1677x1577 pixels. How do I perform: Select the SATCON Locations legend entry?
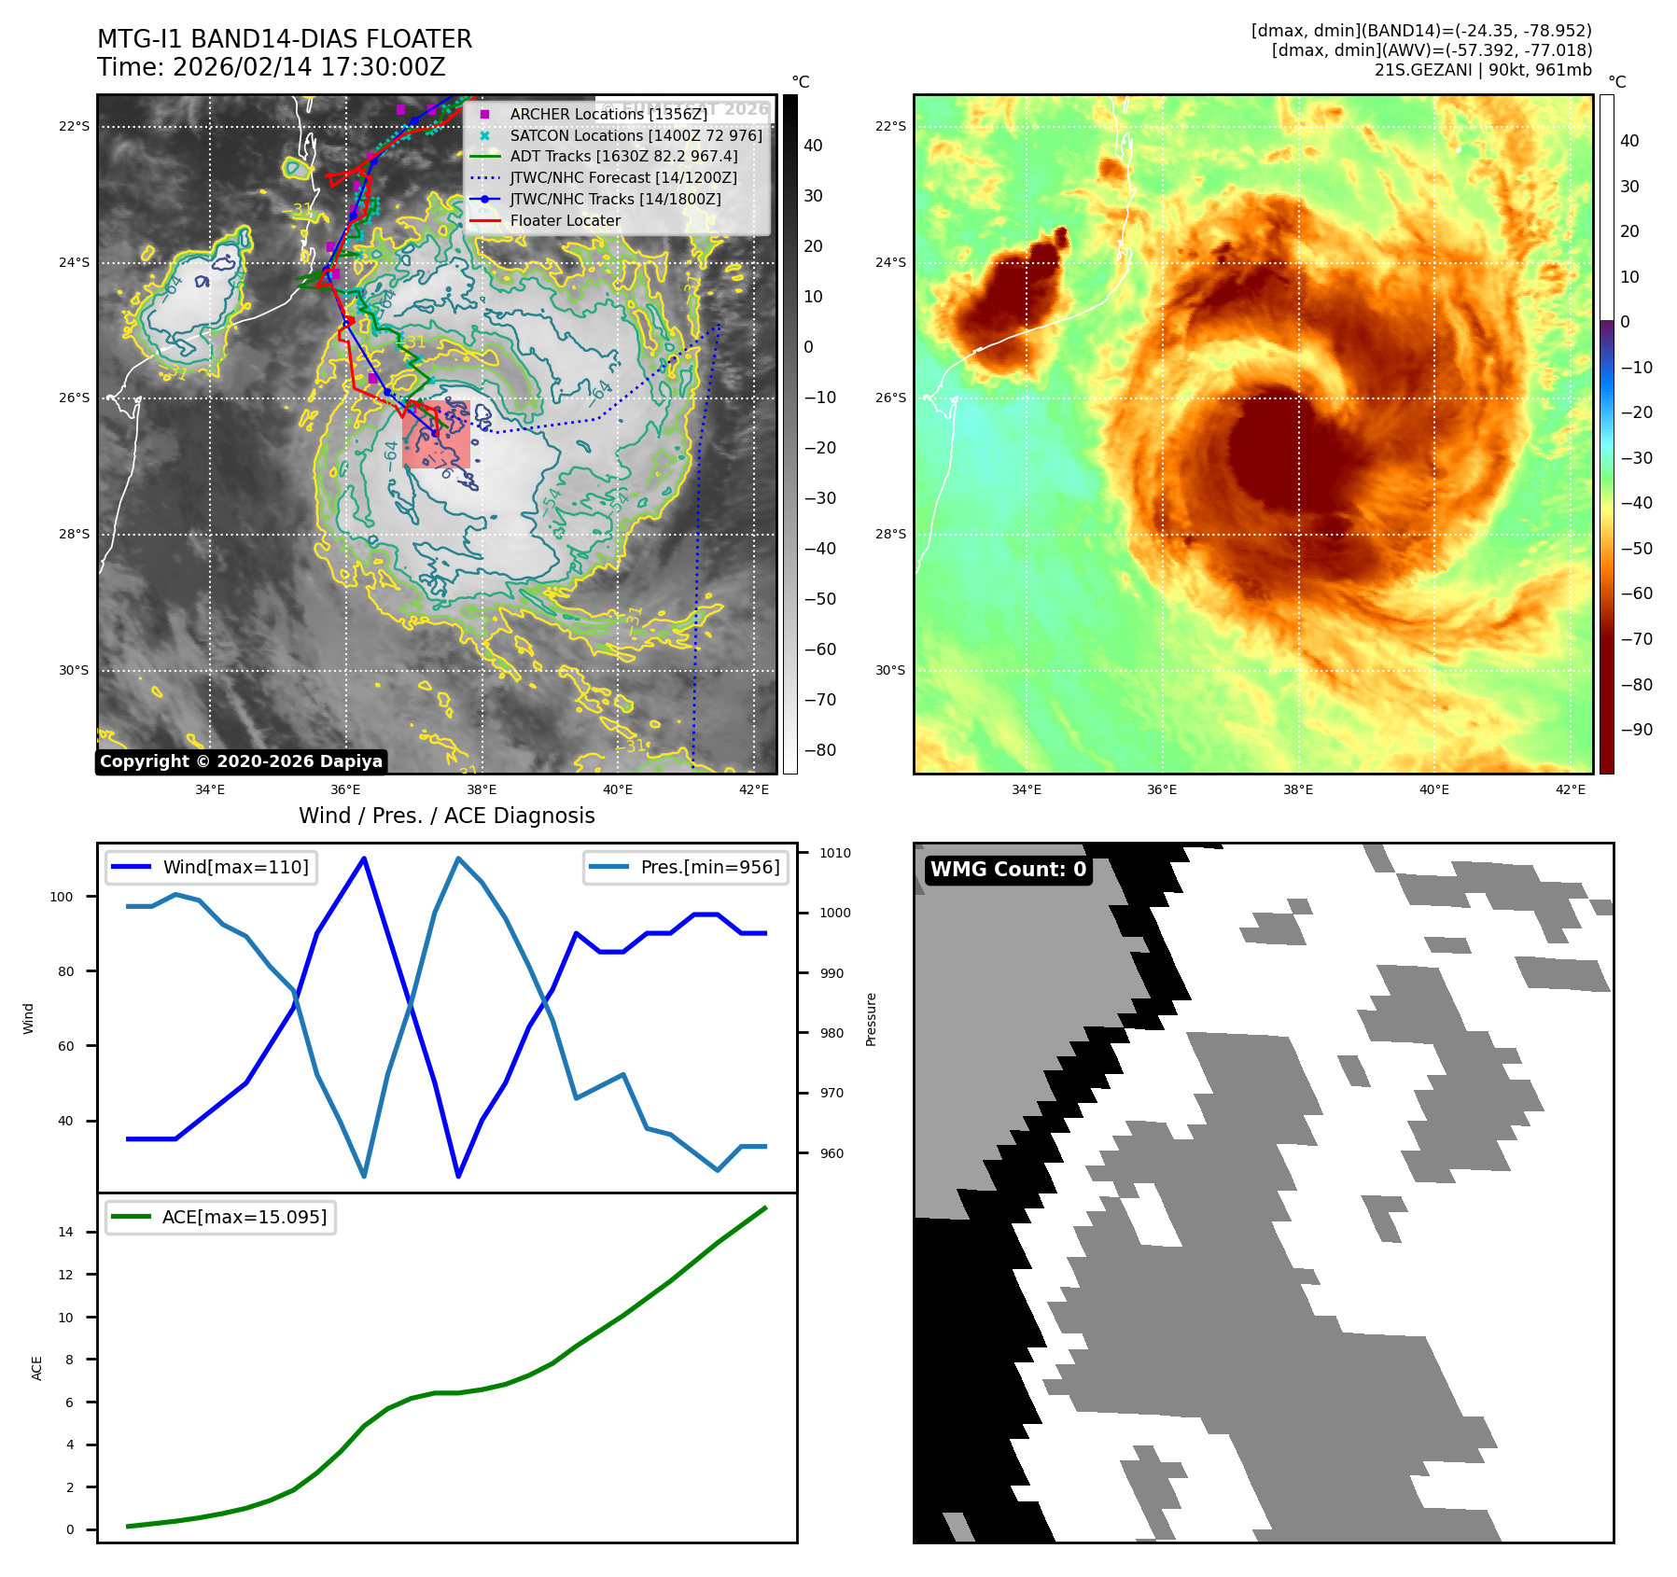(x=636, y=135)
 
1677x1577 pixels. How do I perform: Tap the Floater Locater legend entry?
(x=565, y=221)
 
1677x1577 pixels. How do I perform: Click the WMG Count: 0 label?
(x=1008, y=870)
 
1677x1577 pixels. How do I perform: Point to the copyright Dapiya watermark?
(x=241, y=761)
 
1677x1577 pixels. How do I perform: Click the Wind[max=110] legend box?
(x=212, y=867)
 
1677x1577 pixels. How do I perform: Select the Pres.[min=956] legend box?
(x=686, y=867)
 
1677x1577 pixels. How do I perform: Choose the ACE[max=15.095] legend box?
(x=221, y=1217)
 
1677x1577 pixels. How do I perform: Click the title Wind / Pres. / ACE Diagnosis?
(x=446, y=816)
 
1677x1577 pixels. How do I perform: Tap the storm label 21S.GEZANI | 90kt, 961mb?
(x=1483, y=70)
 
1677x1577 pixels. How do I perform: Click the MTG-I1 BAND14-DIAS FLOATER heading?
(x=285, y=39)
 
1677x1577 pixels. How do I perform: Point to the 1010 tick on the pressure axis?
(x=835, y=853)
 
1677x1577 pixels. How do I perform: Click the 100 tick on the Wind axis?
(x=61, y=897)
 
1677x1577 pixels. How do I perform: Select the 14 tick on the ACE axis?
(x=65, y=1232)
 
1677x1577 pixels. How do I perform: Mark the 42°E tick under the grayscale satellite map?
(x=753, y=789)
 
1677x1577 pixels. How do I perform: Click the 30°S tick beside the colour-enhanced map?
(x=889, y=670)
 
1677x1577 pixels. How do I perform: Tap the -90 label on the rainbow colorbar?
(x=1636, y=730)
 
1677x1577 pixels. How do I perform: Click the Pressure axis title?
(x=871, y=1019)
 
